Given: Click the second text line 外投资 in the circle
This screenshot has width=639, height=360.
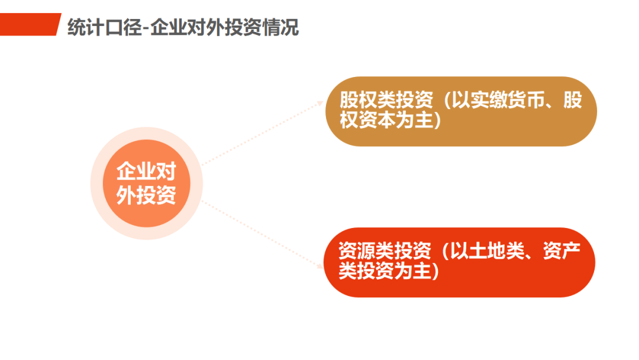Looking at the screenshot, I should point(146,195).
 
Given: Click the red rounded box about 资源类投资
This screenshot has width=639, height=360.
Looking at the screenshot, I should point(459,262).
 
